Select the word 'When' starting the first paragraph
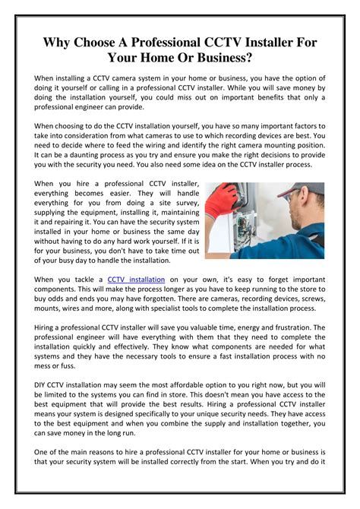[49, 78]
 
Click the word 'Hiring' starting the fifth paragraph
[49, 327]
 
